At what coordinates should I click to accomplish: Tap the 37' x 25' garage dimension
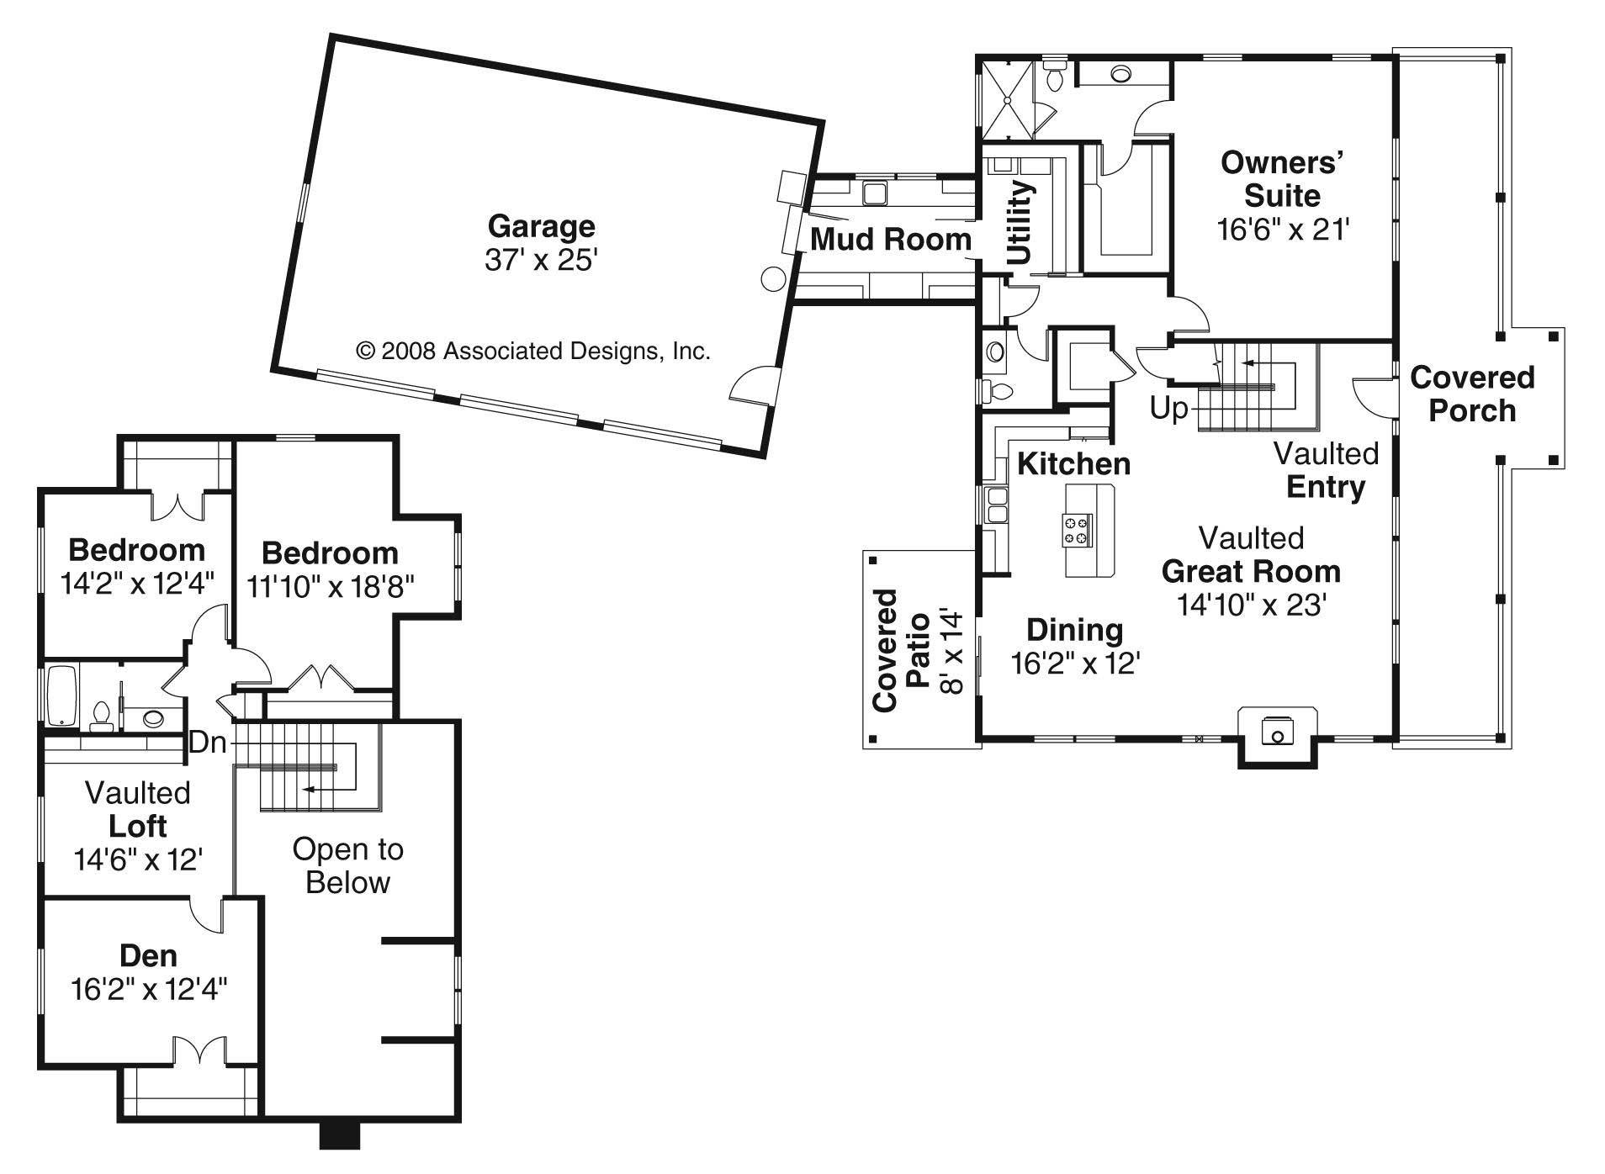[x=541, y=261]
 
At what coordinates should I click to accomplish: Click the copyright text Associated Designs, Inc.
[x=533, y=351]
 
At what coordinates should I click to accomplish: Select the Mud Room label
[x=890, y=240]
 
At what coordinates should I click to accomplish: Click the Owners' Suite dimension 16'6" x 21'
[x=1283, y=230]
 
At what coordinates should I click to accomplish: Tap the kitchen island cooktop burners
[x=1078, y=529]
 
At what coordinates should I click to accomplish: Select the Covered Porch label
[x=1472, y=394]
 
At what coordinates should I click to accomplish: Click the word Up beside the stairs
[x=1169, y=409]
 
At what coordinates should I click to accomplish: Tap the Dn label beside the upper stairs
[x=208, y=743]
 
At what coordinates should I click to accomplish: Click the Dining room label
[x=1074, y=630]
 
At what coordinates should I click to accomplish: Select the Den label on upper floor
[x=148, y=955]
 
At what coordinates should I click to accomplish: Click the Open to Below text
[x=347, y=865]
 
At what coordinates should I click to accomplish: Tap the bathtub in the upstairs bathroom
[x=62, y=696]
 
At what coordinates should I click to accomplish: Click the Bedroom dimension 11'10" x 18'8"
[x=330, y=586]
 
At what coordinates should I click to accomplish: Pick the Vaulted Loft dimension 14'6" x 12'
[x=138, y=859]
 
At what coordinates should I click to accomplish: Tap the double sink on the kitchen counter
[x=996, y=505]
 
